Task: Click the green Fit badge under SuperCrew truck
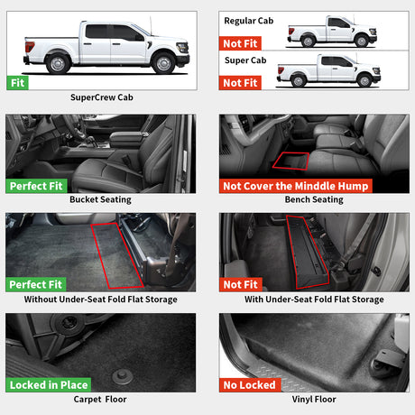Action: coord(17,82)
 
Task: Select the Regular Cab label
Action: coord(247,19)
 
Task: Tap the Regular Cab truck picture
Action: coord(330,32)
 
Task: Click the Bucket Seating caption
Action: coord(100,199)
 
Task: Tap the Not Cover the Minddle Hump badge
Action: coord(295,186)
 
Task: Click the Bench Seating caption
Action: coord(313,199)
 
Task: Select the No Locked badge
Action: coord(250,384)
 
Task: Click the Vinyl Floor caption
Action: coord(313,398)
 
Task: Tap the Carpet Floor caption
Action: coord(100,398)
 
